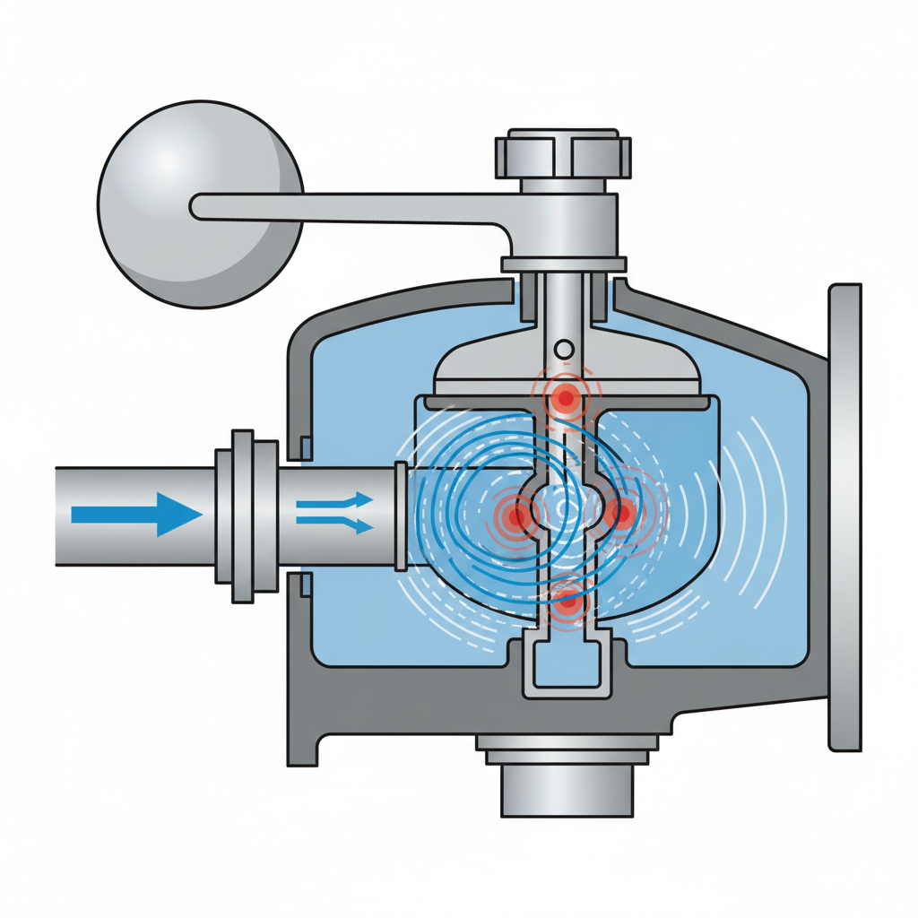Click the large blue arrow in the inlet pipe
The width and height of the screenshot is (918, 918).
(x=134, y=515)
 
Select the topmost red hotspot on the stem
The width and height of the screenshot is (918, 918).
(x=567, y=397)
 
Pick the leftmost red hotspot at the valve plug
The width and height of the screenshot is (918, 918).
(x=517, y=515)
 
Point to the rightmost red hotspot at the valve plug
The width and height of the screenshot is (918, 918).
(x=619, y=514)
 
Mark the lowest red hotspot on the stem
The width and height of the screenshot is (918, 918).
(x=567, y=602)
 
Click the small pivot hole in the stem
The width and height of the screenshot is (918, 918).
(x=564, y=348)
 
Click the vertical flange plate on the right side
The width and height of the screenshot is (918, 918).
(x=845, y=515)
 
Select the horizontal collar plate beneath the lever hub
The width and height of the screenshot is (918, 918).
(x=563, y=264)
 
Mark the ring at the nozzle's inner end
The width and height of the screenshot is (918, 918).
(x=401, y=515)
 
